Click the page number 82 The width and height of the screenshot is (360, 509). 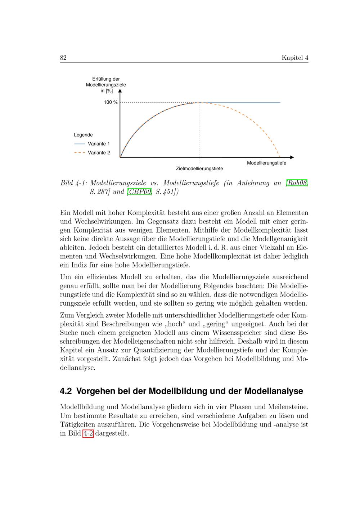pyautogui.click(x=63, y=58)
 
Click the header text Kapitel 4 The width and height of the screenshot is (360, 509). pyautogui.click(x=295, y=58)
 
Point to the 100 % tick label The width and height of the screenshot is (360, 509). pyautogui.click(x=111, y=103)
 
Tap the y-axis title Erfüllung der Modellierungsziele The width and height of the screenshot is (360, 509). pyautogui.click(x=106, y=85)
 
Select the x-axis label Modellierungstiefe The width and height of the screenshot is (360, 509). pyautogui.click(x=266, y=163)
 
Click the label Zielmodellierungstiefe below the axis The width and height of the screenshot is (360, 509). pyautogui.click(x=199, y=168)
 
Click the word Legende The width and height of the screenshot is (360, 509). pyautogui.click(x=83, y=135)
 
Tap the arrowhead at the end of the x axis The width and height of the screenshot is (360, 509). pyautogui.click(x=292, y=157)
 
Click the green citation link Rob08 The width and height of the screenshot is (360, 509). pyautogui.click(x=297, y=183)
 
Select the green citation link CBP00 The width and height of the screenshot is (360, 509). pyautogui.click(x=139, y=192)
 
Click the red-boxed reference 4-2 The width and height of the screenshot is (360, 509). pyautogui.click(x=88, y=433)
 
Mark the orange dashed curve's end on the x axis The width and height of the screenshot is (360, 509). pyautogui.click(x=280, y=157)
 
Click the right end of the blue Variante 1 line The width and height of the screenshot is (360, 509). pyautogui.click(x=280, y=103)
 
